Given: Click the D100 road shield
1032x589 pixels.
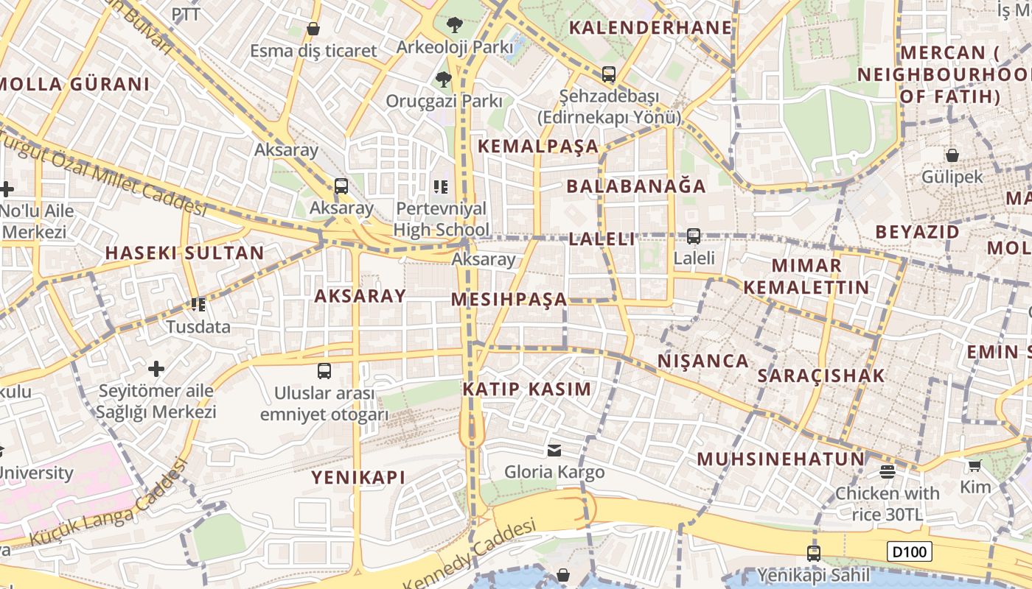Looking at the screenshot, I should pyautogui.click(x=910, y=551).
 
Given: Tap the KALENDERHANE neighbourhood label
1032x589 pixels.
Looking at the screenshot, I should pyautogui.click(x=651, y=28).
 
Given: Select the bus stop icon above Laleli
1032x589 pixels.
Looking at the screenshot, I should pyautogui.click(x=694, y=236).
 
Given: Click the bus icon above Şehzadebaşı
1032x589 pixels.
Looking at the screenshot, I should pyautogui.click(x=609, y=74).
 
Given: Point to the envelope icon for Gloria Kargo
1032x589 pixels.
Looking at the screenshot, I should pyautogui.click(x=554, y=450).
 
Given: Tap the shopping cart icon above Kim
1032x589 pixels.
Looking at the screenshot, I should pyautogui.click(x=975, y=465).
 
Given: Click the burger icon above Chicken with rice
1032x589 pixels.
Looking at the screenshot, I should pyautogui.click(x=887, y=471).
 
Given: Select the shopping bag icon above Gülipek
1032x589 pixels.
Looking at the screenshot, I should pyautogui.click(x=952, y=155).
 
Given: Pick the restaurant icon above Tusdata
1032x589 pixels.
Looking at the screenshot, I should pyautogui.click(x=198, y=304).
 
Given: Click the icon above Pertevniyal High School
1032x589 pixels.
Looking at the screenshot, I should pyautogui.click(x=441, y=186).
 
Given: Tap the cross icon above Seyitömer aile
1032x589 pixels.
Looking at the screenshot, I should pyautogui.click(x=156, y=368).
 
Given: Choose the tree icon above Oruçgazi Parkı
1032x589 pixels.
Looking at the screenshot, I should pyautogui.click(x=443, y=79).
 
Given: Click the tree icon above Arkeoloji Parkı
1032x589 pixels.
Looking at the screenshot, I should pyautogui.click(x=455, y=25).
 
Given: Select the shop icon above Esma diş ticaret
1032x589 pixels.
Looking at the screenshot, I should pyautogui.click(x=313, y=29).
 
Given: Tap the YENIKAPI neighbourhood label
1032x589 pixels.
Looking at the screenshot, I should pyautogui.click(x=358, y=477).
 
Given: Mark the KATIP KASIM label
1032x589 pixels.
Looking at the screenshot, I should pyautogui.click(x=527, y=389).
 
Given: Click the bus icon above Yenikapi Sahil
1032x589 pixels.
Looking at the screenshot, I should pyautogui.click(x=814, y=553).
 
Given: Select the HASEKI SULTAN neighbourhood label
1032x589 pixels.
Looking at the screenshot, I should pyautogui.click(x=184, y=253).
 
